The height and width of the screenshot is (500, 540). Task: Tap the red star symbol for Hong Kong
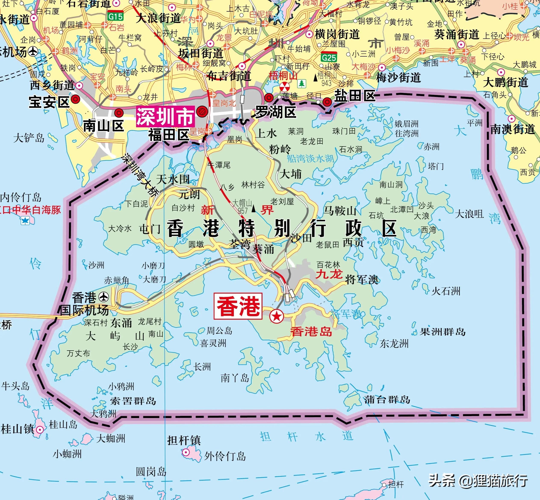tap(276, 316)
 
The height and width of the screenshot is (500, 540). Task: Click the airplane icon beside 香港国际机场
tap(103, 297)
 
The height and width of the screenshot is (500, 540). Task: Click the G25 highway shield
tap(329, 58)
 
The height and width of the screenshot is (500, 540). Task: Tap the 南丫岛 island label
tap(235, 378)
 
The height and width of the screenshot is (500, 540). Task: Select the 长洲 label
tap(202, 367)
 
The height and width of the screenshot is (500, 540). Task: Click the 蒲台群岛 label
tap(387, 399)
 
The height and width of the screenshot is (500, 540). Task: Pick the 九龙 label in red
tap(329, 274)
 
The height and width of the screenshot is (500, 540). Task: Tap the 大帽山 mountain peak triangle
tap(254, 209)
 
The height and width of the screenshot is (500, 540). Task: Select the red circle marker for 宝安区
tap(75, 99)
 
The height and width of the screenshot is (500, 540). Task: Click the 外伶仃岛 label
tap(225, 456)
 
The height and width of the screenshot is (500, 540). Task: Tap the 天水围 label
tap(173, 179)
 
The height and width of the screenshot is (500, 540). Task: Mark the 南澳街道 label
tap(513, 129)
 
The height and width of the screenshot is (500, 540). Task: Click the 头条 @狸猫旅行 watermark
tap(478, 481)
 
